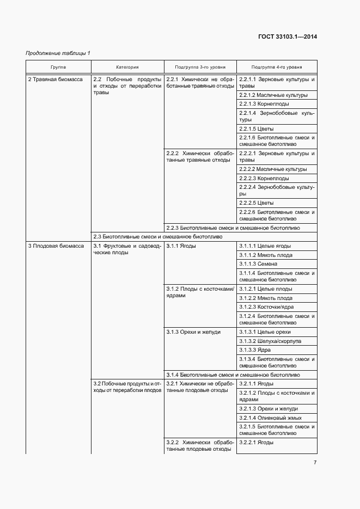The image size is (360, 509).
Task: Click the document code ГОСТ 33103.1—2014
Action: (x=288, y=37)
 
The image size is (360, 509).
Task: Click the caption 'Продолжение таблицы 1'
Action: (x=58, y=53)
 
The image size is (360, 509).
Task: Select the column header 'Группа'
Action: (x=58, y=67)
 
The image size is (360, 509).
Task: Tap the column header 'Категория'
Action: (x=127, y=67)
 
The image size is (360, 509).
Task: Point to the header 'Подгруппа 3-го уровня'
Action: (x=200, y=67)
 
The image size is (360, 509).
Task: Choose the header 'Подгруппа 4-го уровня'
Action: (x=277, y=67)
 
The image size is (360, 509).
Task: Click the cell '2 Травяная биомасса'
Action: (x=56, y=79)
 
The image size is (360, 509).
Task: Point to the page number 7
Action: (x=315, y=463)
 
